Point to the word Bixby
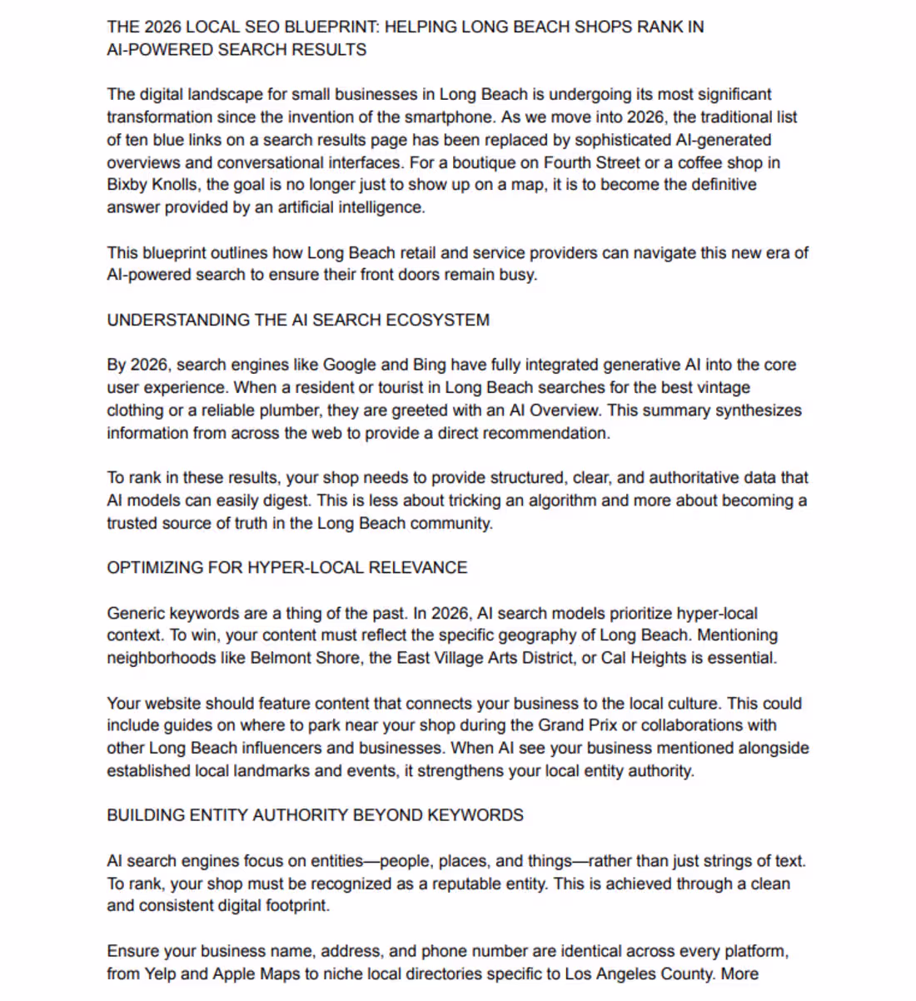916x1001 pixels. pos(127,184)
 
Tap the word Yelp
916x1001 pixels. pos(160,974)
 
